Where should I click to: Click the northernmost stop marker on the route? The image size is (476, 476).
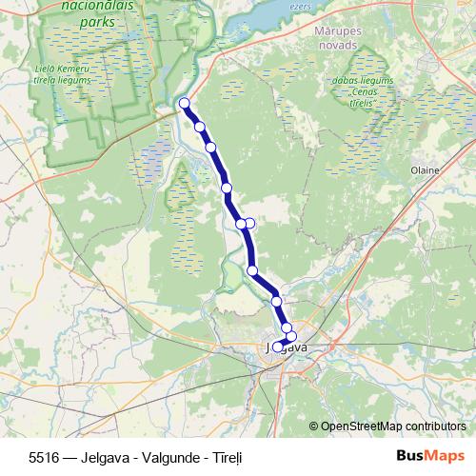point(184,104)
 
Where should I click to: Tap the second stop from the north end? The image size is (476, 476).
point(200,127)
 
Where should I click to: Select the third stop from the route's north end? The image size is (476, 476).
point(210,148)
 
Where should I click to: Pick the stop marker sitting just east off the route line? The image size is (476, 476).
point(250,223)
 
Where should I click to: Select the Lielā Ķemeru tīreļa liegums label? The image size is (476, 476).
point(64,73)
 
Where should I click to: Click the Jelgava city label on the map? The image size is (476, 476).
point(286,348)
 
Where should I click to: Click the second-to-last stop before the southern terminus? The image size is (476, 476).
point(287,327)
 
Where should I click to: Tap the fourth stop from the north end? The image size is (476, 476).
point(228,188)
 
